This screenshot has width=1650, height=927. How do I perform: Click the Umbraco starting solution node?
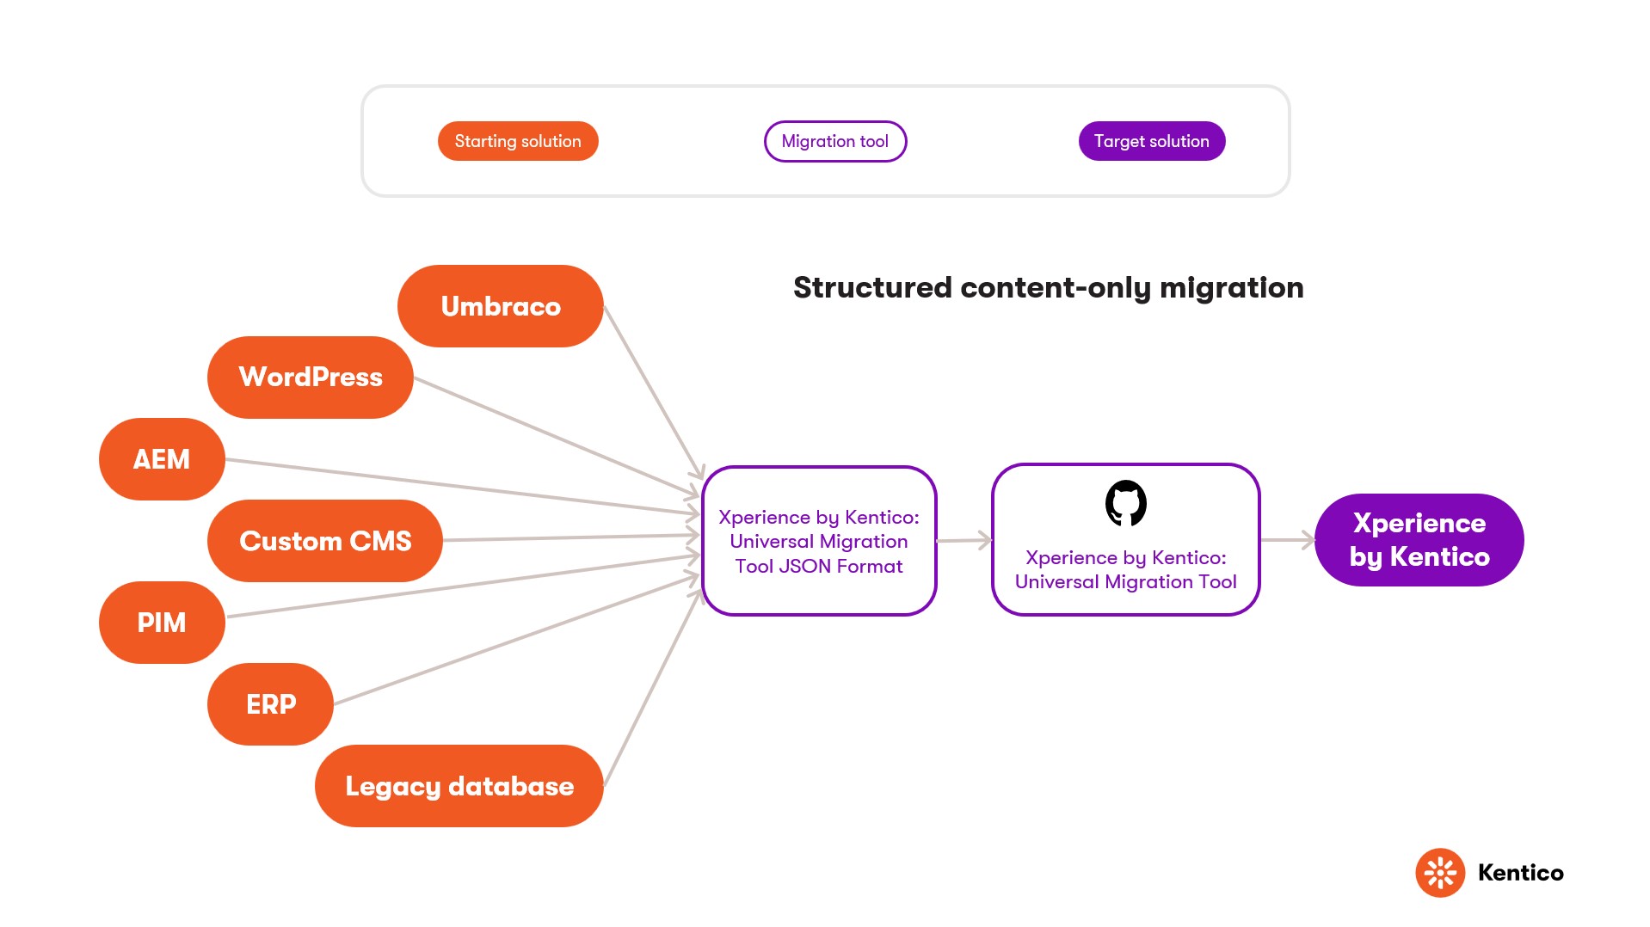(x=500, y=306)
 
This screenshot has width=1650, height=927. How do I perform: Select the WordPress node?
(x=310, y=377)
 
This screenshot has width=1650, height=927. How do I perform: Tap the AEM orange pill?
(x=162, y=459)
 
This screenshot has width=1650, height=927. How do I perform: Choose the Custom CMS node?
(x=324, y=541)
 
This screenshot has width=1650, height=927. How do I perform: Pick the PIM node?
(x=162, y=623)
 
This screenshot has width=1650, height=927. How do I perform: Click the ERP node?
(x=270, y=704)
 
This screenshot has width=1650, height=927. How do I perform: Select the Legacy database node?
(x=459, y=786)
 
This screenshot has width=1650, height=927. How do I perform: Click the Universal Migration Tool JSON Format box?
(x=818, y=542)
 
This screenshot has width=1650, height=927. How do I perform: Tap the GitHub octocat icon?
(x=1125, y=503)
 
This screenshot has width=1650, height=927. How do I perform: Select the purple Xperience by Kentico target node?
(x=1419, y=540)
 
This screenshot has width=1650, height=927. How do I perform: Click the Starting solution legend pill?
(x=518, y=141)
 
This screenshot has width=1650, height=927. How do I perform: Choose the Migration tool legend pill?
(x=834, y=141)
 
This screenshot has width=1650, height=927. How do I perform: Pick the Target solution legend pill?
(x=1151, y=141)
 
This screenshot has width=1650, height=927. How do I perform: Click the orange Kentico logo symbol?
(x=1439, y=873)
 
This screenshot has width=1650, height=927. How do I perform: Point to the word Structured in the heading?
(x=872, y=288)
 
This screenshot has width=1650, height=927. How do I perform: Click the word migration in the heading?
(x=1231, y=288)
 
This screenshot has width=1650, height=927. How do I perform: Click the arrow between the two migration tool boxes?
(x=964, y=541)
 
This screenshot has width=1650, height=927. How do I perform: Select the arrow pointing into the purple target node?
(x=1287, y=540)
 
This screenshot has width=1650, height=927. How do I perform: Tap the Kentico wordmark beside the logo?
(x=1520, y=873)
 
